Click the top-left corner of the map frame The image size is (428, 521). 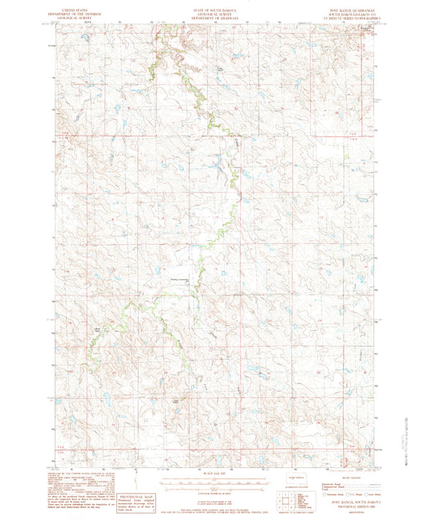pos(57,25)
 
